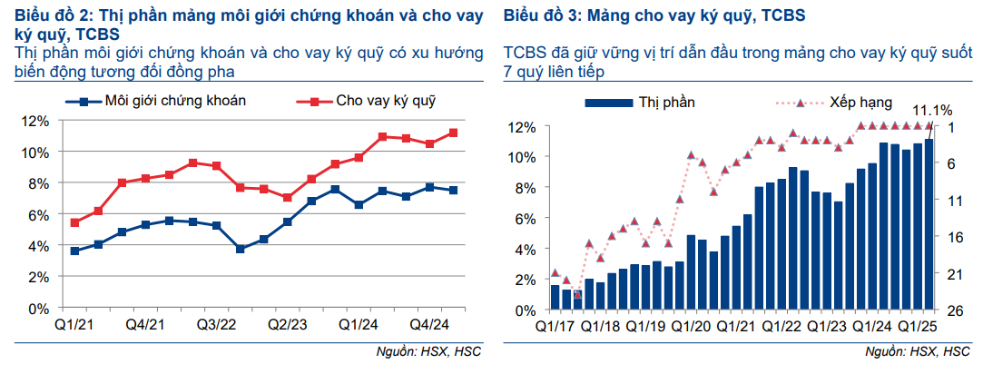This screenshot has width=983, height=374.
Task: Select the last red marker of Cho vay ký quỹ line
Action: click(x=453, y=133)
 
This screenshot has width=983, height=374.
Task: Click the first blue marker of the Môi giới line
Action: click(x=74, y=251)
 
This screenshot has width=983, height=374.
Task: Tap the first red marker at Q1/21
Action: click(x=74, y=222)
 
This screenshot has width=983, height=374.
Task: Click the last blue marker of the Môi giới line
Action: click(x=453, y=191)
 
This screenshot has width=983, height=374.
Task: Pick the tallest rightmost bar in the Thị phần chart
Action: click(x=929, y=224)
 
